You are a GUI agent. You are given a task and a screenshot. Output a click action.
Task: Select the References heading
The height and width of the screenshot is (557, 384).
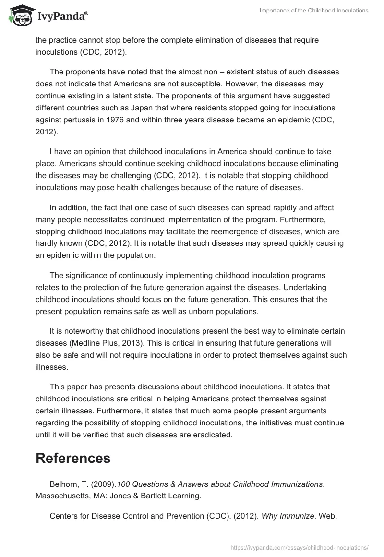click(73, 458)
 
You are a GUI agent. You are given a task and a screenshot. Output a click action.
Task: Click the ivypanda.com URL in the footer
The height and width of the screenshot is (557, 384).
click(299, 547)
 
